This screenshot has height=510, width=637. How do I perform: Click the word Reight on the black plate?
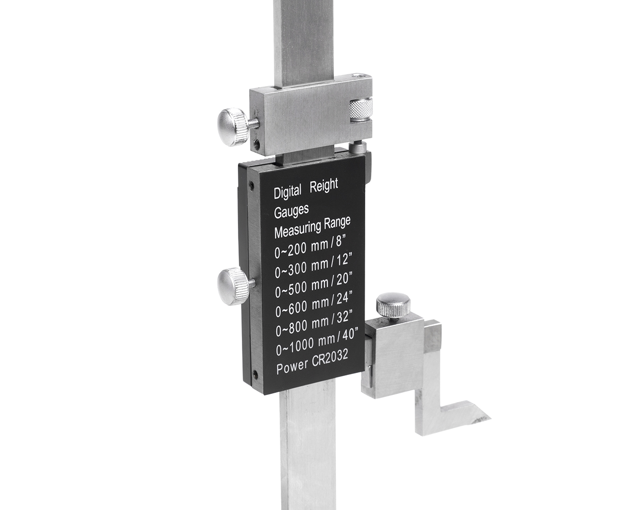(x=323, y=187)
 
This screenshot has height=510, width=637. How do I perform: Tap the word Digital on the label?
(x=288, y=192)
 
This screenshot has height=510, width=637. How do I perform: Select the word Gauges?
(x=291, y=211)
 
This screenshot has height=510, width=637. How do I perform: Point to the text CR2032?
(x=330, y=361)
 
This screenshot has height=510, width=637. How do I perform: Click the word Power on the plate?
(x=292, y=368)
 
